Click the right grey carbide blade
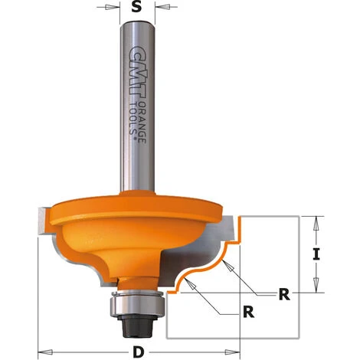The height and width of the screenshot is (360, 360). (222, 230)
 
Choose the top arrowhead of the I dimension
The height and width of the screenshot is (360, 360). (314, 221)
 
